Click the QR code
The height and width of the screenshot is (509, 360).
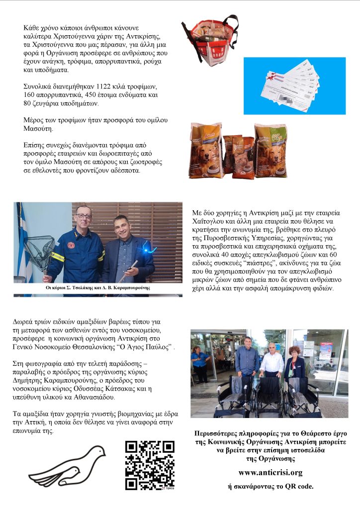(150, 465)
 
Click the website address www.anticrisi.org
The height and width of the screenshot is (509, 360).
(271, 472)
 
